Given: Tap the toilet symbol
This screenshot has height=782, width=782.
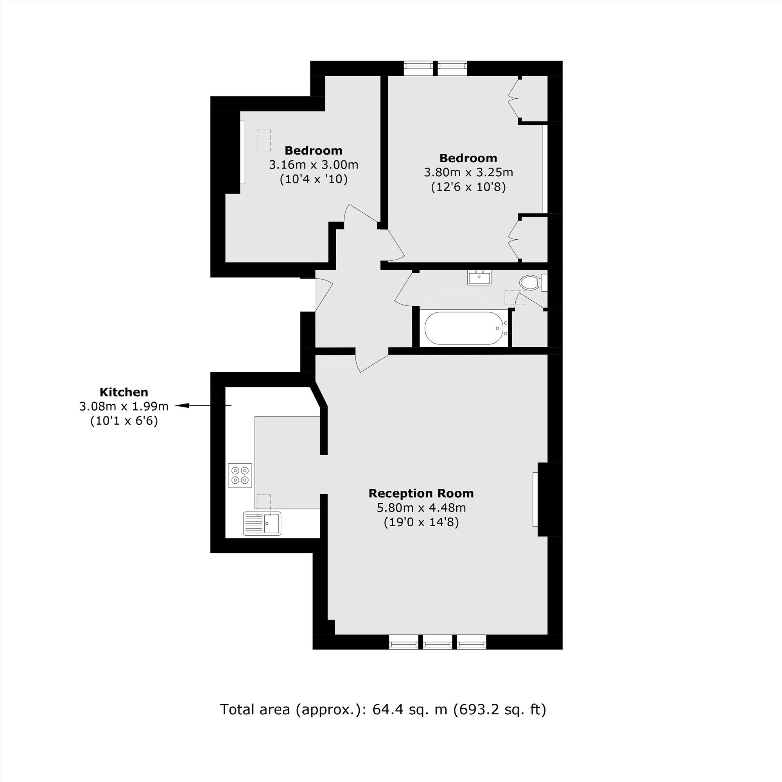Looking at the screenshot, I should pyautogui.click(x=531, y=282).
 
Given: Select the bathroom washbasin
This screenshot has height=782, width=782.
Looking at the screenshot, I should pyautogui.click(x=480, y=278).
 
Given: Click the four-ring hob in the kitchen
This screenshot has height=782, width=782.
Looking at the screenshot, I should pyautogui.click(x=240, y=475).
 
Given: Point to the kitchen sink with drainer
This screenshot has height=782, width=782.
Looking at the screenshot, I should pyautogui.click(x=262, y=524).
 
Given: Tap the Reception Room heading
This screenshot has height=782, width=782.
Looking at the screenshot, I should pyautogui.click(x=421, y=493).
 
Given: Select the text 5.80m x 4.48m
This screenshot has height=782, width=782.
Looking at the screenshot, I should pyautogui.click(x=421, y=508).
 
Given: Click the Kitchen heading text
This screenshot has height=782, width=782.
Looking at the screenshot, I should pyautogui.click(x=124, y=392).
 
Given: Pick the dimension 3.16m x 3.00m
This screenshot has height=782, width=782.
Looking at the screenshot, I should pyautogui.click(x=314, y=165).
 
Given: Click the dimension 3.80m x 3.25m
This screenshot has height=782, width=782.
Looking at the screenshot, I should pyautogui.click(x=468, y=172).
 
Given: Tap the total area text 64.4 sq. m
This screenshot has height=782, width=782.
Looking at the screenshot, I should pyautogui.click(x=410, y=721).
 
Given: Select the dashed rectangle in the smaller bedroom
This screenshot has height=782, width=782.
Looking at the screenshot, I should pyautogui.click(x=264, y=140).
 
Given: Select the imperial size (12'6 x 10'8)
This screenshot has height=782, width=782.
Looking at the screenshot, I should pyautogui.click(x=468, y=187).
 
